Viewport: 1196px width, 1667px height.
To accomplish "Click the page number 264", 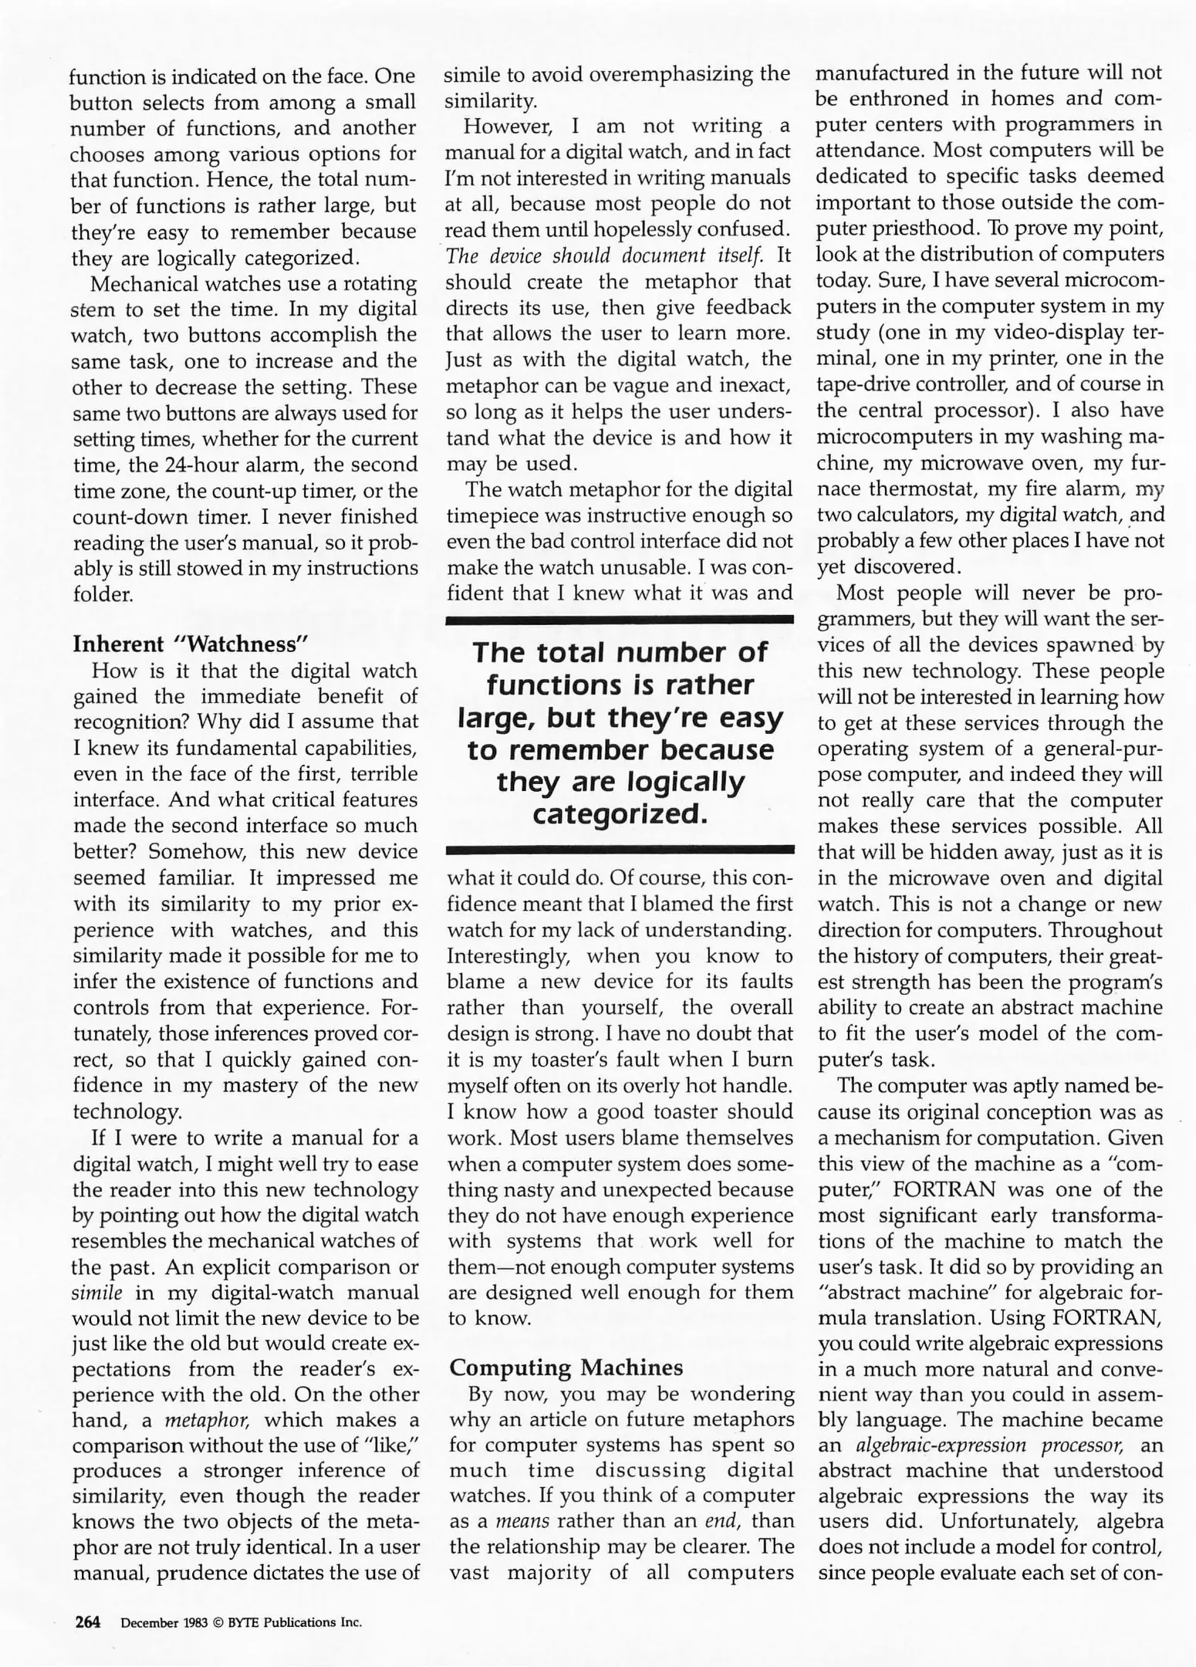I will click(x=88, y=1622).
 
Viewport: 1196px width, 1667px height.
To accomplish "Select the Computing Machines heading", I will click(x=566, y=1368).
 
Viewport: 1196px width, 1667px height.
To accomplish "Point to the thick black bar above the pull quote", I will click(x=620, y=619).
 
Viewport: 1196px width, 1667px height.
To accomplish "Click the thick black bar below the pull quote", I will click(x=620, y=850).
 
